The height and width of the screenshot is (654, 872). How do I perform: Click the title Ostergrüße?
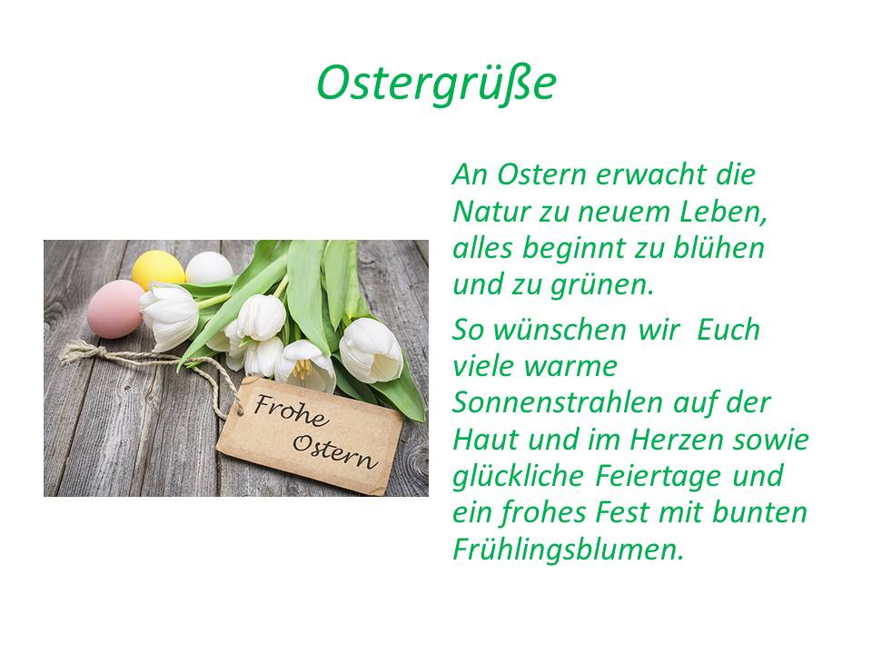pos(437,84)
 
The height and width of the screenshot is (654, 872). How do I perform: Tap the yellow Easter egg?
pos(158,269)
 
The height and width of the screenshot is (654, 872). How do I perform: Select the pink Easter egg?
pos(115,309)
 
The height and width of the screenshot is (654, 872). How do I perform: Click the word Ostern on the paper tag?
pos(335,451)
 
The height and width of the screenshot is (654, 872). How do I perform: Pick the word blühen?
pos(718,248)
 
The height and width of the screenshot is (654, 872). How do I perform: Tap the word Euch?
pos(728,330)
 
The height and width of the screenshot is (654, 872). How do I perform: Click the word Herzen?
pos(676,440)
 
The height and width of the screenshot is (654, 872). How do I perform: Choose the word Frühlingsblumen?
pos(568,550)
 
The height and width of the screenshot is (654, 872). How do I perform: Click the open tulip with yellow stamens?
pos(305,366)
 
